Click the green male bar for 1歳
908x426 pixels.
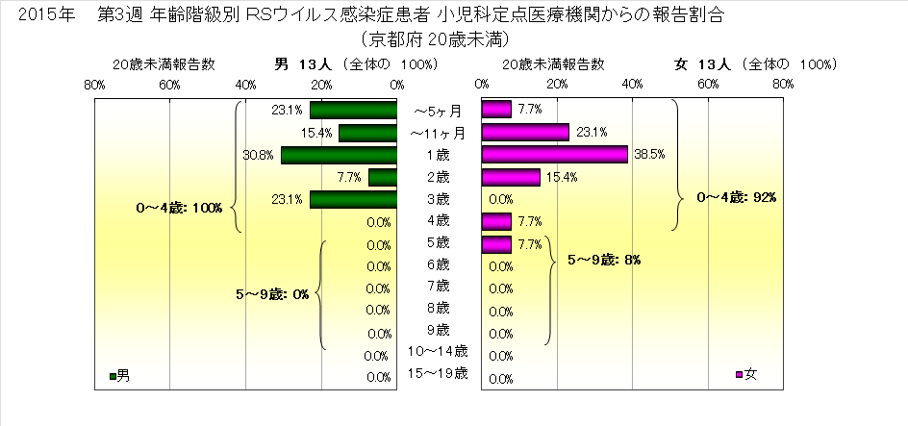pos(339,154)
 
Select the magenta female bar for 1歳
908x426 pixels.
pos(554,154)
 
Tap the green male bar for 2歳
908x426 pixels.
pos(382,177)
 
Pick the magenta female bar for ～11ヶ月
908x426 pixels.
pos(525,132)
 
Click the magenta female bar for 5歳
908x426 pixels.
pos(495,244)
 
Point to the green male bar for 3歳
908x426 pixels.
pos(353,199)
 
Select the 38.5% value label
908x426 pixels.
pos(645,154)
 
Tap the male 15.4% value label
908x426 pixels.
pos(317,132)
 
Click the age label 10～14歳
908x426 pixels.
pos(439,351)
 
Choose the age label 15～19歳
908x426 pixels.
pos(439,373)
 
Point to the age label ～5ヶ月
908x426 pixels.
pos(439,111)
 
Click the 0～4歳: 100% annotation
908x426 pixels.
pos(180,208)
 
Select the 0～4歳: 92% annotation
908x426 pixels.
pos(736,197)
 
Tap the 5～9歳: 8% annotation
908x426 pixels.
pos(606,260)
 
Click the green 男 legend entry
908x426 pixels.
pos(120,374)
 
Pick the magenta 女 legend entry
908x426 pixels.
pos(746,374)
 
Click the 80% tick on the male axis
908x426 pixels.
pos(94,85)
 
